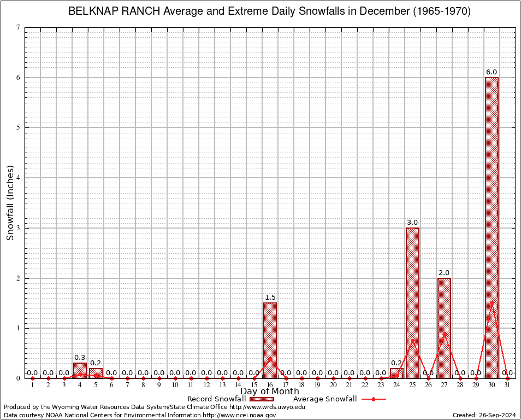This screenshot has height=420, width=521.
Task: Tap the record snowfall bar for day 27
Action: [x=444, y=328]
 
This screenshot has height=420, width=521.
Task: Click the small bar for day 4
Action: [x=80, y=370]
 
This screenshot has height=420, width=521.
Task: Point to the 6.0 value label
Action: [x=492, y=72]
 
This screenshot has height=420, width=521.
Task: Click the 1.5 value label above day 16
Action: [x=270, y=297]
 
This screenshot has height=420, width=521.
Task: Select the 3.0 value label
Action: [x=412, y=223]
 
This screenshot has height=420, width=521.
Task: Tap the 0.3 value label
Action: [x=80, y=358]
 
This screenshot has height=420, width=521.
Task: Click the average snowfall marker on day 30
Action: [x=492, y=302]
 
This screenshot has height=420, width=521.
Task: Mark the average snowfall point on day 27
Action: [x=444, y=334]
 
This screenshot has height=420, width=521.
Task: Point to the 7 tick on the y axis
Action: [x=19, y=27]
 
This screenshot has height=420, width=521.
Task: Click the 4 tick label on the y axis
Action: [x=19, y=178]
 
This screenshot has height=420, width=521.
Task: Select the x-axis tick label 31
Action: [x=507, y=385]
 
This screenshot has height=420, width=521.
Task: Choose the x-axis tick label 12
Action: [x=206, y=385]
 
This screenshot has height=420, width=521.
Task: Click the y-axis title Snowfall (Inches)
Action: [x=10, y=203]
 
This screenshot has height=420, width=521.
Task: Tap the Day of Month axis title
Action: [x=270, y=392]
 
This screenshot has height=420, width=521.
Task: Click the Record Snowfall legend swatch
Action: [x=263, y=399]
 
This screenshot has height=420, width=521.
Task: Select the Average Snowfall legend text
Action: [x=325, y=399]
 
